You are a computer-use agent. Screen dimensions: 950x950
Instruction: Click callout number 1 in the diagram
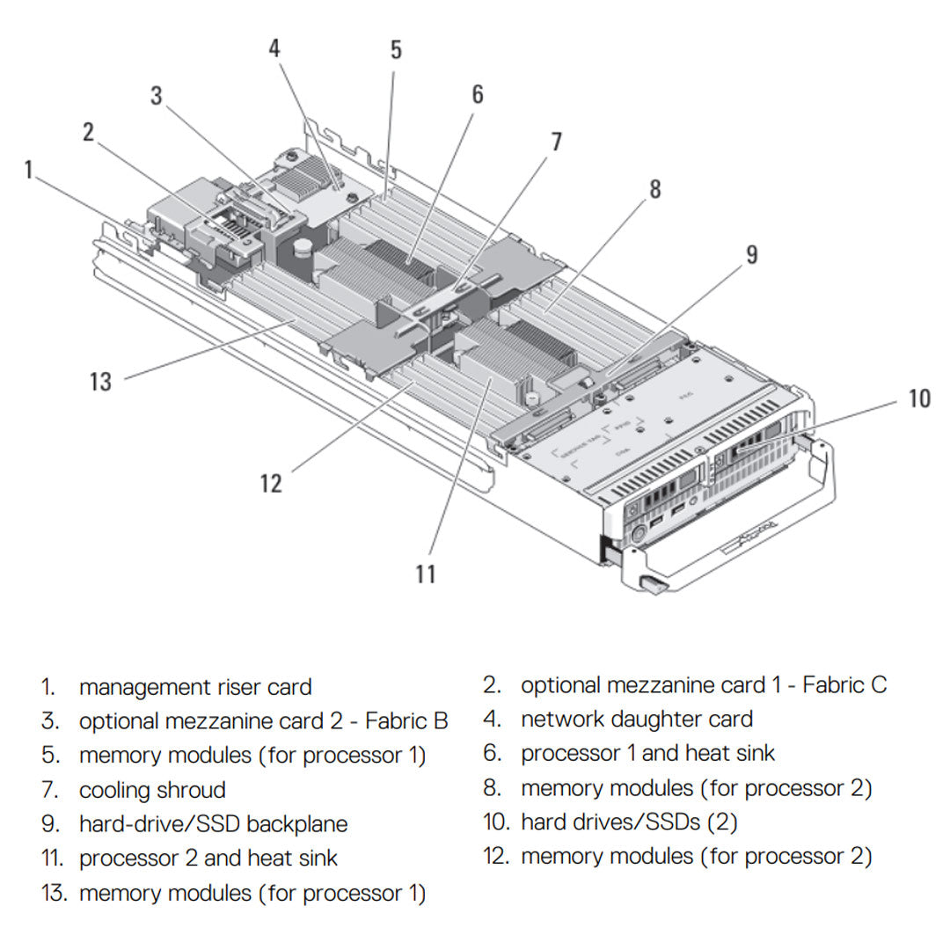(x=29, y=169)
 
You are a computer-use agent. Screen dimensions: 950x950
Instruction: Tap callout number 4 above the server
(x=274, y=47)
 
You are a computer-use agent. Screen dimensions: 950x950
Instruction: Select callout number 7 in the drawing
(x=555, y=142)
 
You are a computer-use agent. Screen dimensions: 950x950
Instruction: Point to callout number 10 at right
(x=918, y=398)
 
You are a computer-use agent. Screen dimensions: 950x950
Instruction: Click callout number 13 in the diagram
(x=101, y=382)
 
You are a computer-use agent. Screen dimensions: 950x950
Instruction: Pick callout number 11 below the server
(x=426, y=574)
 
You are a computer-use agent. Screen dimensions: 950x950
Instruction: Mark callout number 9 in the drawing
(x=751, y=254)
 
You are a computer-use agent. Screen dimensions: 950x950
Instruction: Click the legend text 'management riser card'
(x=195, y=687)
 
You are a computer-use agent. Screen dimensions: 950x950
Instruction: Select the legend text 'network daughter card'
(x=637, y=720)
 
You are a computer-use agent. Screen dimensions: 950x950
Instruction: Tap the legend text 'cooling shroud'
(x=152, y=790)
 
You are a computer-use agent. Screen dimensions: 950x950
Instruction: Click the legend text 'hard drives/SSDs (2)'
(x=629, y=822)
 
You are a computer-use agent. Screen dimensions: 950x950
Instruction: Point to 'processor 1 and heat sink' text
(x=647, y=754)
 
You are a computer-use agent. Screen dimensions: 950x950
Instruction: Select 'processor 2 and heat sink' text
(x=208, y=858)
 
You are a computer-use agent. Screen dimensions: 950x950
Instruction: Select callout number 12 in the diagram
(x=271, y=483)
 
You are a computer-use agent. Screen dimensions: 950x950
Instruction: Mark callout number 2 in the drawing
(x=88, y=132)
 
